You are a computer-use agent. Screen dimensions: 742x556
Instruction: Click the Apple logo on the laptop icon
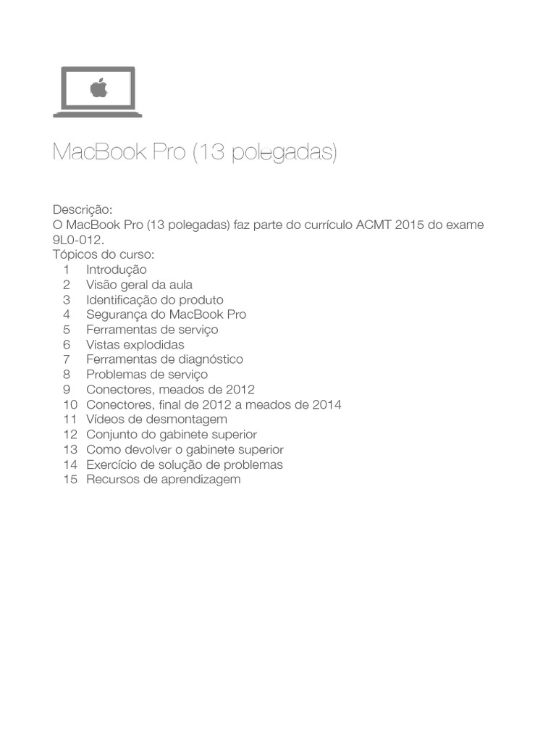98,88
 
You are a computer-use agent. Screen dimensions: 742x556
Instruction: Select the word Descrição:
83,209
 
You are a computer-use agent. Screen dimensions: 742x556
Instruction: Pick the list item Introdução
116,270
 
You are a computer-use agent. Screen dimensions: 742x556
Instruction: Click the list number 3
66,299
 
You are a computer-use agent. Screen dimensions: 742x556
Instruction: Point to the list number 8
66,375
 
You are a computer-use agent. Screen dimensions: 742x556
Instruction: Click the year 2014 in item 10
327,404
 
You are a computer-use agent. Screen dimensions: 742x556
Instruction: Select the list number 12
69,435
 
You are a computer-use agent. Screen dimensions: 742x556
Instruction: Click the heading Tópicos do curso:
104,254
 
